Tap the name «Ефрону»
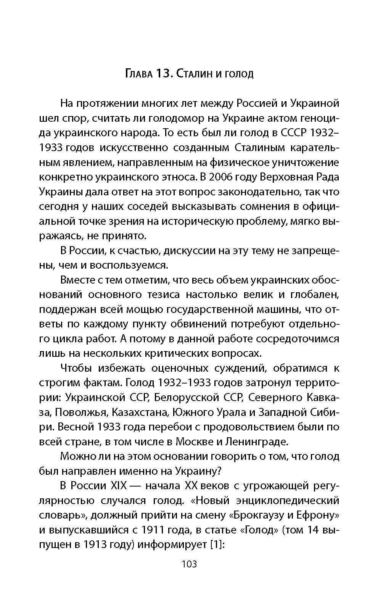click(318, 515)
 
